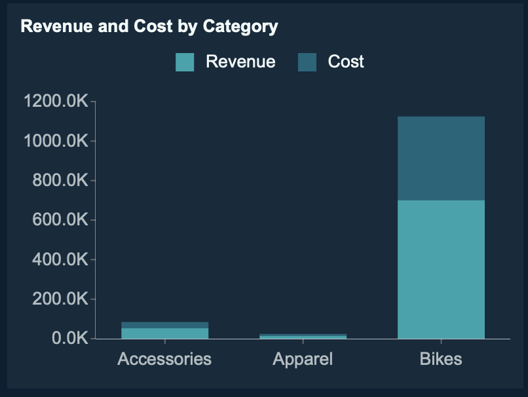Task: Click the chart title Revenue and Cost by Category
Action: pos(149,27)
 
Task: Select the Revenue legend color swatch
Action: pos(185,62)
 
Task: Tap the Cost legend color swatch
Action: pos(307,62)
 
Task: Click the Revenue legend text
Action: pos(240,62)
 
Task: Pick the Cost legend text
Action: pos(346,62)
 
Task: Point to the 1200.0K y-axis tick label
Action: pos(56,102)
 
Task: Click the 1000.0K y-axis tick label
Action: pos(56,141)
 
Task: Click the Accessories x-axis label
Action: pos(164,359)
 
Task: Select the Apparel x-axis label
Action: pos(303,359)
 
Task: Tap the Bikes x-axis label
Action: pos(441,359)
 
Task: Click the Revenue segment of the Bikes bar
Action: pos(441,269)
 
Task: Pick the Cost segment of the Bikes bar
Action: pos(441,158)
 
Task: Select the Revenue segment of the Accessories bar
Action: pos(164,333)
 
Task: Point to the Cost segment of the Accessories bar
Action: pos(164,325)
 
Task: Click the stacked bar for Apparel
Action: pos(303,336)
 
